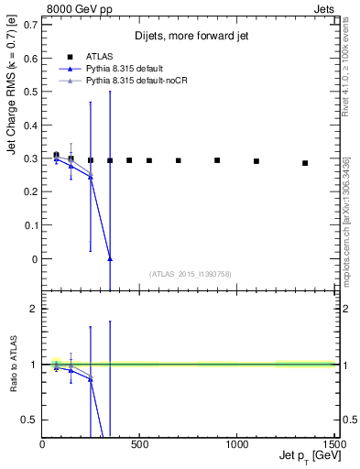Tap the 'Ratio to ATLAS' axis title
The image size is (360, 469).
[x=12, y=364]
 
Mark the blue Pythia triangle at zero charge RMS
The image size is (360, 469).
[x=110, y=259]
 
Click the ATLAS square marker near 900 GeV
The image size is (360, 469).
[x=217, y=160]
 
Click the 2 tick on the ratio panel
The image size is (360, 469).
[x=34, y=309]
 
